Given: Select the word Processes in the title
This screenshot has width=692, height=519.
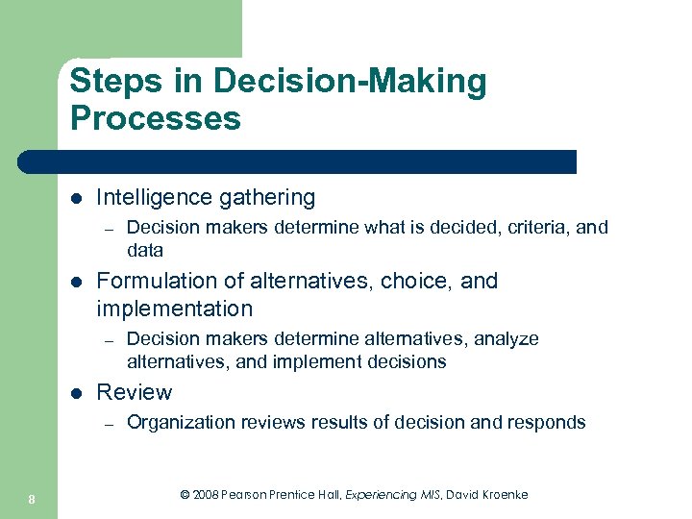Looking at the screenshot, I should pyautogui.click(x=155, y=118).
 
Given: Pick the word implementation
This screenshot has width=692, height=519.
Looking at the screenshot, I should pyautogui.click(x=175, y=309).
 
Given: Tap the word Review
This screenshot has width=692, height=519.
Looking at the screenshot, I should pyautogui.click(x=135, y=393).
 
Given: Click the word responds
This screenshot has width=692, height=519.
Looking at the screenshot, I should pyautogui.click(x=550, y=422).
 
